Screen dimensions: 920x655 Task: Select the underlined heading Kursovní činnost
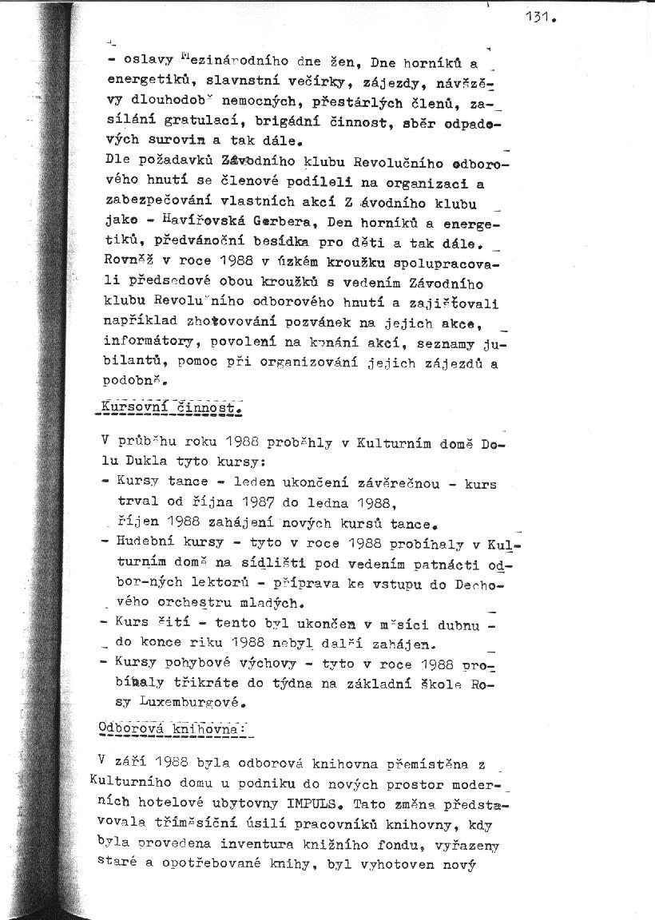click(169, 408)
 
